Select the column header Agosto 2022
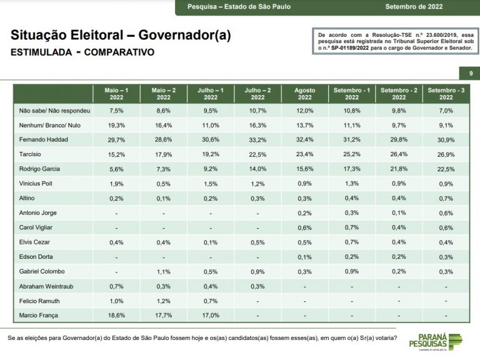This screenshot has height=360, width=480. pos(304,94)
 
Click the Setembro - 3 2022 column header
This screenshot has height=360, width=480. pos(446,94)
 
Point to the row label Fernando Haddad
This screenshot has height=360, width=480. pos(44,139)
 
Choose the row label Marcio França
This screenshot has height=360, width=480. pos(39,315)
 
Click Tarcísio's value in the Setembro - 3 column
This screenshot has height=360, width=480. pos(446,154)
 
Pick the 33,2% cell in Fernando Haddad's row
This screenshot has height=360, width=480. pos(257,139)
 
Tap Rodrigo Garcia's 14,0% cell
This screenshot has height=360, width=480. pos(257,169)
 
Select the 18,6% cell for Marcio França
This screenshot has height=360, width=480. pos(116,315)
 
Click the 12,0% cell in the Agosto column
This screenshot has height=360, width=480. pos(304,111)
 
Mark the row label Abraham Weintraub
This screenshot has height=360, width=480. pos(46,286)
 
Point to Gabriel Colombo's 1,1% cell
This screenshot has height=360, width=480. pos(164,271)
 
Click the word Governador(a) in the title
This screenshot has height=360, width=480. pos(184,35)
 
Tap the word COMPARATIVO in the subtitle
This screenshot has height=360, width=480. pos(119,52)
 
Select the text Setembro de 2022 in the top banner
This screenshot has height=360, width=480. pos(414,7)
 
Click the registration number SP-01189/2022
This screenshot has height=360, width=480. pos(350,48)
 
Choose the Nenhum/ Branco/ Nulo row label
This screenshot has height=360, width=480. pos(50,125)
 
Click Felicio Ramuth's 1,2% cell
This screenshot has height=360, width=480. pos(164,301)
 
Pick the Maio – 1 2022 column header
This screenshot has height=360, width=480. pos(116,94)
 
